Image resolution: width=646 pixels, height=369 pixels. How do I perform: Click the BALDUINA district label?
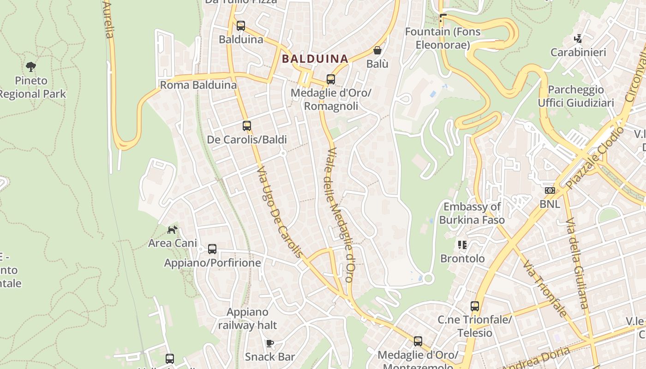click(x=315, y=59)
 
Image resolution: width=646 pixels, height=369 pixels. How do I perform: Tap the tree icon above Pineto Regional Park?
click(x=31, y=67)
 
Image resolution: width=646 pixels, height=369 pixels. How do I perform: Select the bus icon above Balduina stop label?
click(x=240, y=26)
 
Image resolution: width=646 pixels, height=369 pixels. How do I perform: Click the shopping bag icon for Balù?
click(x=377, y=50)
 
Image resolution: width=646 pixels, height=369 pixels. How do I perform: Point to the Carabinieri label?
click(x=578, y=52)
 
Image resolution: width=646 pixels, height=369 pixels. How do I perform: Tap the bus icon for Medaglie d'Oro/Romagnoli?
click(x=330, y=79)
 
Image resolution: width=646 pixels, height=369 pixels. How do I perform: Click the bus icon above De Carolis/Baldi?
click(x=247, y=126)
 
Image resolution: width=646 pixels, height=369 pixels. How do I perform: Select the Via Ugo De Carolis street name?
click(x=280, y=212)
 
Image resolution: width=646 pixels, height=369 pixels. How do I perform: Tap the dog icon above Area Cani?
click(x=172, y=230)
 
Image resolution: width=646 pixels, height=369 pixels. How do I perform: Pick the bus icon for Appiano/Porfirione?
click(x=212, y=249)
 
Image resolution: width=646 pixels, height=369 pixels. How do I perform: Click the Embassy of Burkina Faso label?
click(x=472, y=213)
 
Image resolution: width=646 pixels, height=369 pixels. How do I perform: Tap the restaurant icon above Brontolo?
click(x=462, y=245)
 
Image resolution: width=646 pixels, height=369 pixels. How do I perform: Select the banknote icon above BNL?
click(x=550, y=190)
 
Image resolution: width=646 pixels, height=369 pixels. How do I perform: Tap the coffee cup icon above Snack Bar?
click(x=270, y=343)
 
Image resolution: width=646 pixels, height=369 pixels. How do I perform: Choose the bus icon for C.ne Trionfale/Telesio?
click(x=475, y=306)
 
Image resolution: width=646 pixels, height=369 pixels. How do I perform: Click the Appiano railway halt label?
click(x=247, y=319)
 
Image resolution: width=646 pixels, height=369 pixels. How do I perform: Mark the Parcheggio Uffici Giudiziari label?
click(x=576, y=96)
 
